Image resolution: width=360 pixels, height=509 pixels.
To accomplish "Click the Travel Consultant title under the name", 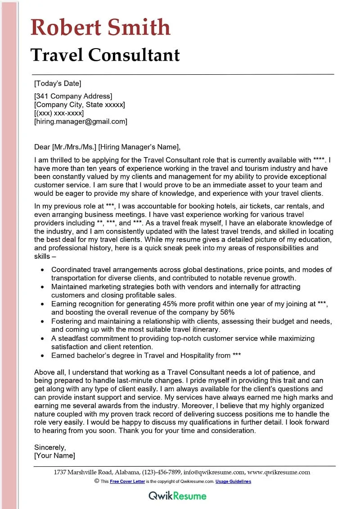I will (105, 55).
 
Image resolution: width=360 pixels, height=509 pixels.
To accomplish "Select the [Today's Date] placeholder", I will (58, 83).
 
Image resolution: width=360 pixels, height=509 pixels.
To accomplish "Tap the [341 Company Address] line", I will (73, 96).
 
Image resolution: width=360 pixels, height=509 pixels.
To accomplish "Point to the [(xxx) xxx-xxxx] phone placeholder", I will (59, 113).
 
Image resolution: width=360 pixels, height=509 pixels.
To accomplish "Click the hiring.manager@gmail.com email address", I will (81, 122).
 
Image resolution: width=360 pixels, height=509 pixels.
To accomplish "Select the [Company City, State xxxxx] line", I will (80, 104).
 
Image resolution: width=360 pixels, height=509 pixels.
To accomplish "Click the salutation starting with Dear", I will (107, 147).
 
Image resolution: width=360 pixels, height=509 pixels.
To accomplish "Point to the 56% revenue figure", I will (227, 312).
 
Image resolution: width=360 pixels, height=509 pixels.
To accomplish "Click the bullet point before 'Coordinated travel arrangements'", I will (42, 270).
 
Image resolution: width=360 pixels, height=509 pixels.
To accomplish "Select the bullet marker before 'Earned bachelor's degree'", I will (42, 356).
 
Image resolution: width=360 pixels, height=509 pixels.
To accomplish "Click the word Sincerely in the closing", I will (50, 447).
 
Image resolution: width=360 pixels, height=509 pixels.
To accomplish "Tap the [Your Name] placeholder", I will (54, 455).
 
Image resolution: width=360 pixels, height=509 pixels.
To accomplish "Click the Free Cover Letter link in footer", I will (127, 481).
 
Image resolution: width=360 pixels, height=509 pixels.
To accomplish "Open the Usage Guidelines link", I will (233, 481).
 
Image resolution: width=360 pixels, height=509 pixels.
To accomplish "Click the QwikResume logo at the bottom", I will (177, 495).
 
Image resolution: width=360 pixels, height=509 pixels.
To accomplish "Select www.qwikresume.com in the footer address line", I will (279, 472).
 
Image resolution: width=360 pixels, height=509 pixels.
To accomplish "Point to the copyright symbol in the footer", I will (97, 481).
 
